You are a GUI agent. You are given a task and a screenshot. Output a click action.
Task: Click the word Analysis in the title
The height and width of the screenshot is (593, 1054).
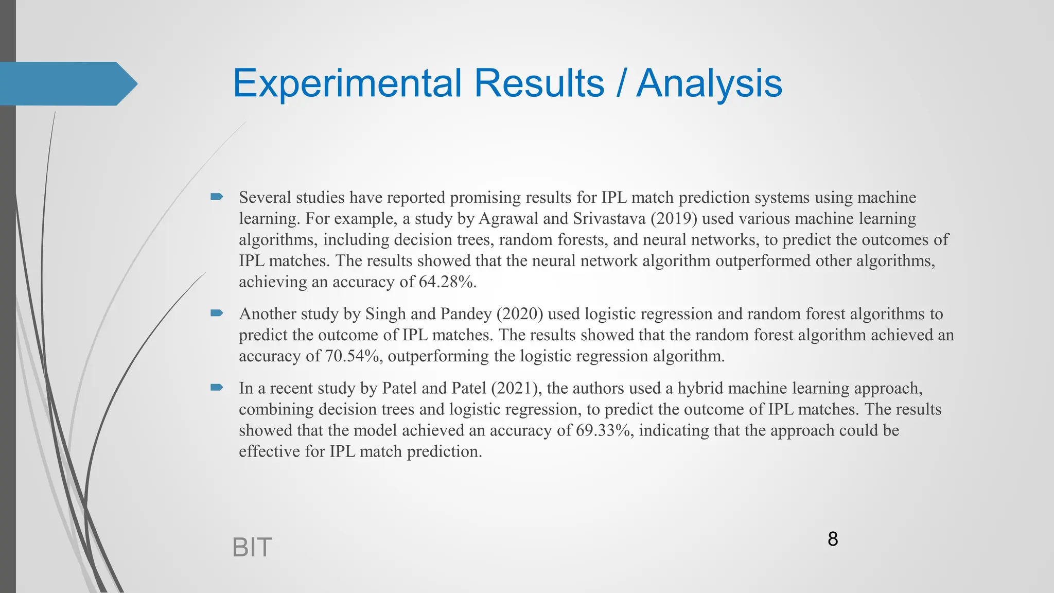709,83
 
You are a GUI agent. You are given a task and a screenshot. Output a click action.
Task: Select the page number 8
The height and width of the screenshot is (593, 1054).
833,539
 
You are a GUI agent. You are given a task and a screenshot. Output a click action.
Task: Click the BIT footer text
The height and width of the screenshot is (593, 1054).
252,547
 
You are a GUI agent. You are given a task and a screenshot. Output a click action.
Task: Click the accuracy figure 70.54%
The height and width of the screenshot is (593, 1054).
354,356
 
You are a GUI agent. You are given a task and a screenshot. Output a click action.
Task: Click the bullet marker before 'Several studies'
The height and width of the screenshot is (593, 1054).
216,197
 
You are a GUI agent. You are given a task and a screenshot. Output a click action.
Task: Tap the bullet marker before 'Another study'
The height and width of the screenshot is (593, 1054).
216,313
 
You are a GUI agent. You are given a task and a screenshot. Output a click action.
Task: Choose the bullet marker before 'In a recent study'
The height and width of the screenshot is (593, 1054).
216,387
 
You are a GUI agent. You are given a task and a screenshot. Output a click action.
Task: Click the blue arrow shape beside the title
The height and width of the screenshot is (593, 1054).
67,83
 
